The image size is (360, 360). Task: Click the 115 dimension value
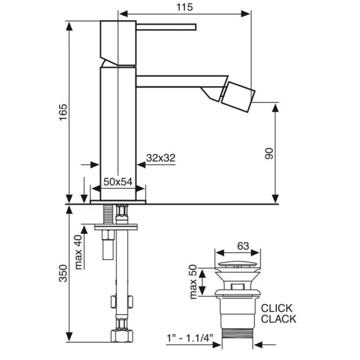pos(184,7)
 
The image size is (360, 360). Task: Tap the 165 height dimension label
pos(63,112)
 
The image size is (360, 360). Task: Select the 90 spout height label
pos(269,153)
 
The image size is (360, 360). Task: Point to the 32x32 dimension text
pos(161,158)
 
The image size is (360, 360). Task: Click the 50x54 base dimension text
pos(118,182)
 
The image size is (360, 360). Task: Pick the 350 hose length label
pos(63,273)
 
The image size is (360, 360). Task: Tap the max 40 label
pos(79,252)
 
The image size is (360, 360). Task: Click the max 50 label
pos(193,281)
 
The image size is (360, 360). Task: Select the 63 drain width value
pos(243,246)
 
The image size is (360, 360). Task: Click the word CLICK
pos(277,308)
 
